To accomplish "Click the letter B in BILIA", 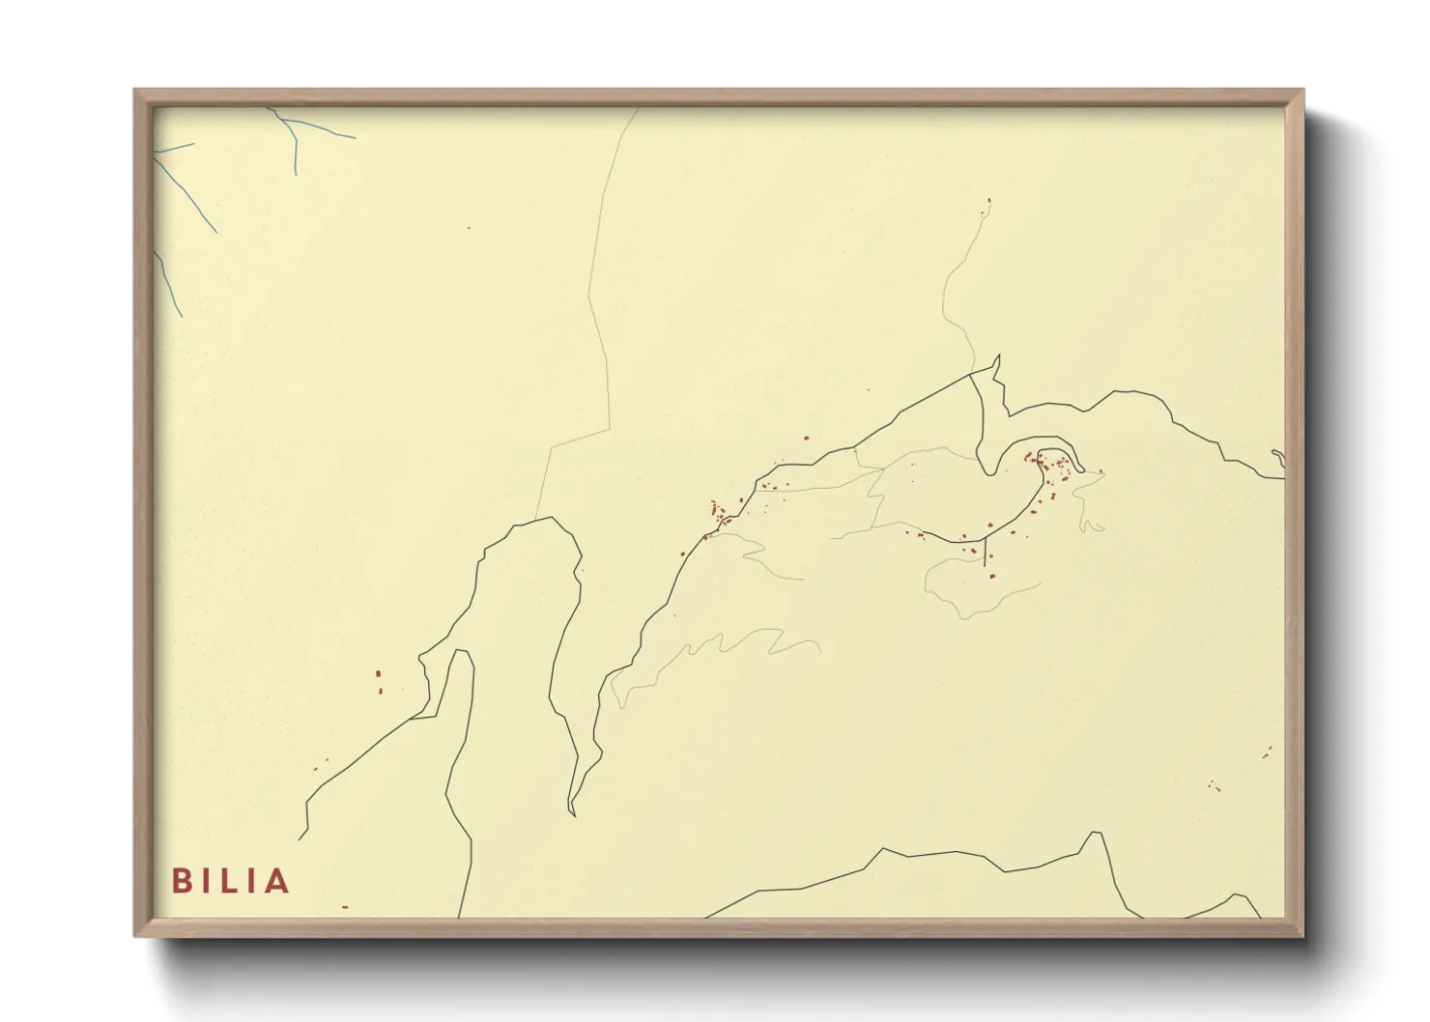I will [x=181, y=881].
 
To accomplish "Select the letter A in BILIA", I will [x=277, y=881].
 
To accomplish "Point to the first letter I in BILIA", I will [x=207, y=881].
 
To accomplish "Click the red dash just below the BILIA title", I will [x=345, y=907].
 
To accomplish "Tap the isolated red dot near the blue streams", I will [x=469, y=228].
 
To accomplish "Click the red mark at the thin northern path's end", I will [x=988, y=201].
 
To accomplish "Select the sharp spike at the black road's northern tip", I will [x=997, y=356].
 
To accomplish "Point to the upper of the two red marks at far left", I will [x=378, y=673].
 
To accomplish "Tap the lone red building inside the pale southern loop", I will [x=990, y=575].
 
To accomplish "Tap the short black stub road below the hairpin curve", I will [x=985, y=553].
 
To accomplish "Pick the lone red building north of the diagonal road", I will [x=806, y=438].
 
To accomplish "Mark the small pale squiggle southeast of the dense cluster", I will [x=1092, y=525].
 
